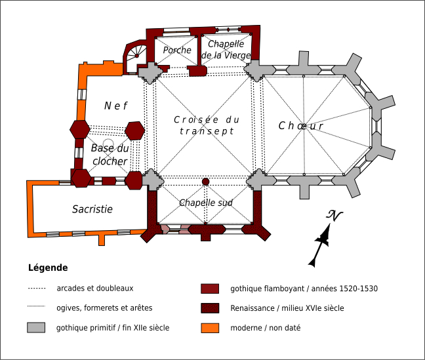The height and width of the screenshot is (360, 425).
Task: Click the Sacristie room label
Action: tap(92, 209)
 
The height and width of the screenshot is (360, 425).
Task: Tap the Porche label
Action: tap(177, 50)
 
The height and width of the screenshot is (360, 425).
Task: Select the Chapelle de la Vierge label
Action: tap(226, 49)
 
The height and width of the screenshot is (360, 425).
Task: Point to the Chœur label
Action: tap(301, 126)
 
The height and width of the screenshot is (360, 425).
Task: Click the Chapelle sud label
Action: tap(206, 203)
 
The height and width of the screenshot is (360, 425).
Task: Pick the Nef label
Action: tap(115, 106)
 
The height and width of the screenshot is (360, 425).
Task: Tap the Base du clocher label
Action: tap(110, 155)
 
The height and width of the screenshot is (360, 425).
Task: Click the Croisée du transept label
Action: tap(207, 125)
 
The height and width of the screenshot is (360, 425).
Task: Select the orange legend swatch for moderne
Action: tap(210, 328)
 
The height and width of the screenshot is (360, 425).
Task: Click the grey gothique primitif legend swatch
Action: tap(36, 327)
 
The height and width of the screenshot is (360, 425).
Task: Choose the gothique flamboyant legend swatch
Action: tap(210, 289)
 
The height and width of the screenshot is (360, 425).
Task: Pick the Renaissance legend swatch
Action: tap(210, 308)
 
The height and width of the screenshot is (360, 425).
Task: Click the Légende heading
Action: tap(48, 268)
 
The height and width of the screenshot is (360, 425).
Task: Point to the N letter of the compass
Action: tap(334, 216)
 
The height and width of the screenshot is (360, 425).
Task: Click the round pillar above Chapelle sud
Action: tap(206, 182)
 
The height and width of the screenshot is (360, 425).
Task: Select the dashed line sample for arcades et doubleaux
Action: tap(37, 288)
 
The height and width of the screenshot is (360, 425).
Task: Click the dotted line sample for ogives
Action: tap(36, 306)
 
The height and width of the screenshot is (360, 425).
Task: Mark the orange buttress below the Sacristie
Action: tap(102, 239)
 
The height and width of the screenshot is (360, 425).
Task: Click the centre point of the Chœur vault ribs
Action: tap(304, 127)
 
